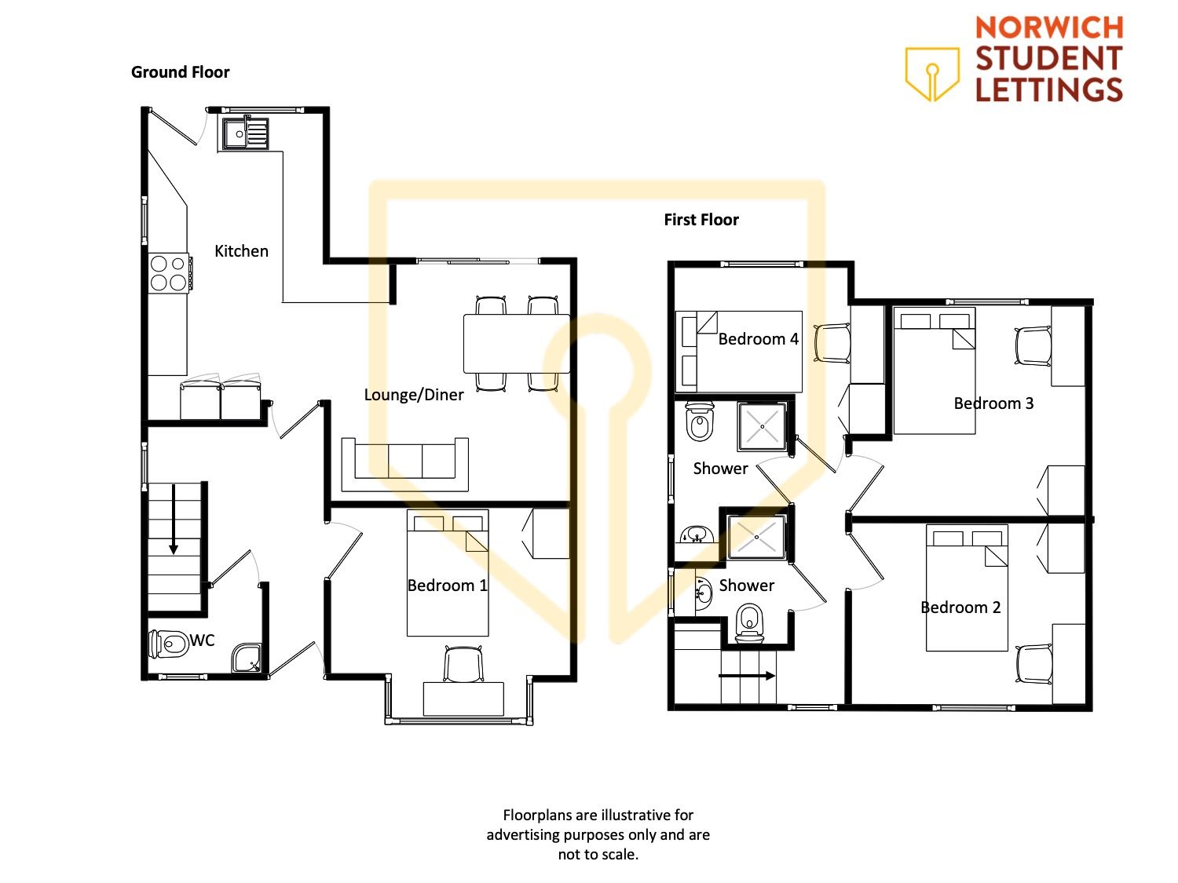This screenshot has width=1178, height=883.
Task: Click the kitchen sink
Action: (x=245, y=133)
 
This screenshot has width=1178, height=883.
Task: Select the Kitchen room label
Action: (x=242, y=251)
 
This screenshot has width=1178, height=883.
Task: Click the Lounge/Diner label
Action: (x=414, y=395)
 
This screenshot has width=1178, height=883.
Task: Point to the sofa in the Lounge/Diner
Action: (x=405, y=465)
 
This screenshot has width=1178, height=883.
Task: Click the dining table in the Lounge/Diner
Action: (x=516, y=344)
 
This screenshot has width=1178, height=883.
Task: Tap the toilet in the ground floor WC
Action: (x=167, y=644)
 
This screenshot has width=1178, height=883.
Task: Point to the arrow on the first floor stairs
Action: (x=747, y=676)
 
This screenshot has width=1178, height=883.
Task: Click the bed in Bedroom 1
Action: (x=448, y=573)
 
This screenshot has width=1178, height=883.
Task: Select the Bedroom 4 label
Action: (x=759, y=339)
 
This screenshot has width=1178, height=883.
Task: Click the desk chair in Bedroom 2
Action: (x=1033, y=664)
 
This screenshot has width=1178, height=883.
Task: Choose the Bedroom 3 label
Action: (x=993, y=403)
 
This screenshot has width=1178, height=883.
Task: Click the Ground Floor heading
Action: (x=181, y=72)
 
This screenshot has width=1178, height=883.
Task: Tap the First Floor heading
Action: (x=701, y=219)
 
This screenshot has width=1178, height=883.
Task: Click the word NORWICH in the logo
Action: (x=1049, y=27)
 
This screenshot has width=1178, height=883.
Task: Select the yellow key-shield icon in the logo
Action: (x=932, y=75)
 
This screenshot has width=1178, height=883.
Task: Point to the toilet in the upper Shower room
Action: (x=700, y=421)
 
